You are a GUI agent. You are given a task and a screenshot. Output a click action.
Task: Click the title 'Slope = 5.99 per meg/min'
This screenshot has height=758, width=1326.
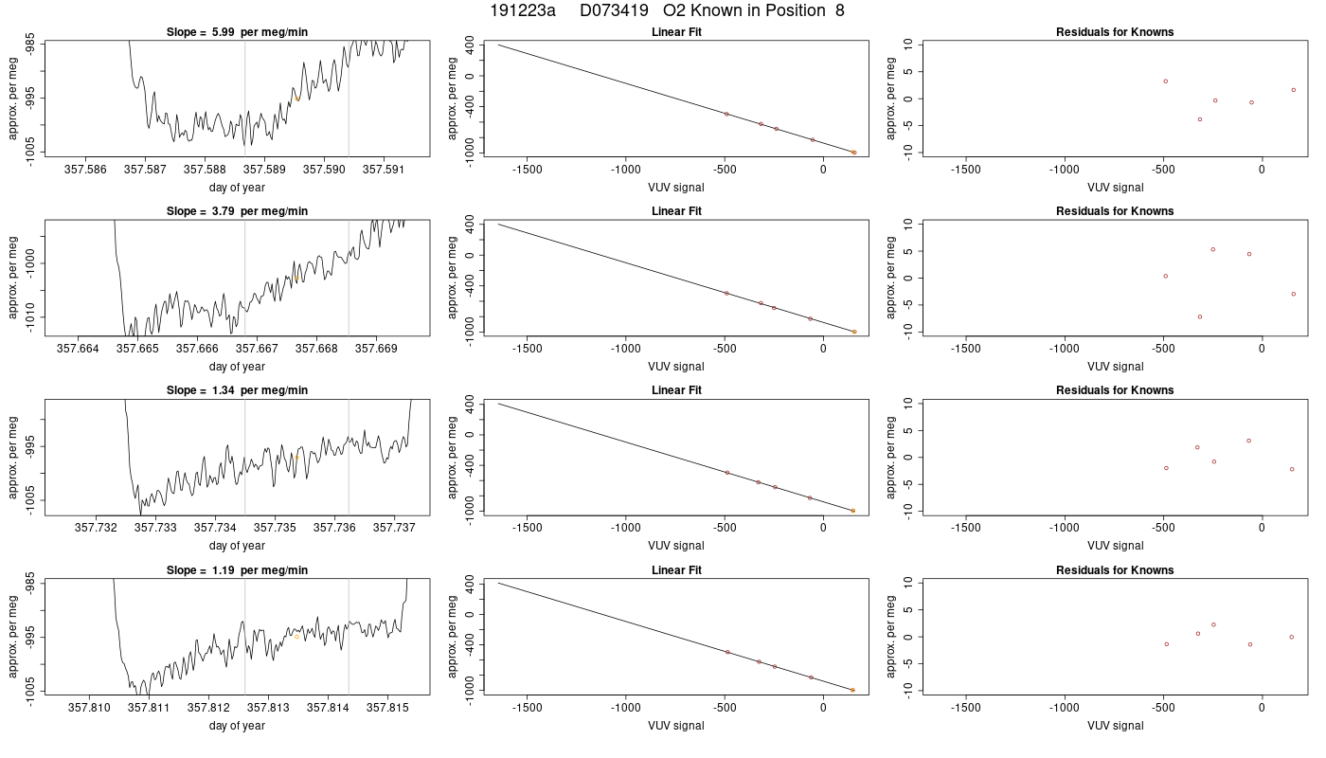(x=237, y=32)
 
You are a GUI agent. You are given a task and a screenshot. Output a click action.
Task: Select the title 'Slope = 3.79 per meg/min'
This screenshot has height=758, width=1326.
(x=237, y=211)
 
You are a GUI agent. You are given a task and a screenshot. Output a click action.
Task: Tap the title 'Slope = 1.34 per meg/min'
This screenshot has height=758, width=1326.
(x=237, y=390)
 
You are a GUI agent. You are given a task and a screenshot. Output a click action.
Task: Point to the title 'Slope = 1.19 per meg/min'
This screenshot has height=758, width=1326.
(x=237, y=570)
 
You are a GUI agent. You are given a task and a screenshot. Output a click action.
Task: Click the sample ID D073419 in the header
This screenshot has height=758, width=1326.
(x=614, y=10)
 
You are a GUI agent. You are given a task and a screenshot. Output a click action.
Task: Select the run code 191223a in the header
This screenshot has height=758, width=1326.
(x=523, y=10)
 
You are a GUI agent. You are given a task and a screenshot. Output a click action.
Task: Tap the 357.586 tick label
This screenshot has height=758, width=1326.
(x=86, y=170)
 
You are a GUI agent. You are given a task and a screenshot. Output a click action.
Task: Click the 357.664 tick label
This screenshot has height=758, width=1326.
(x=78, y=349)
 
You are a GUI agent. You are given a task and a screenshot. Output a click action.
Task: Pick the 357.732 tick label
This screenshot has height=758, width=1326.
(x=96, y=529)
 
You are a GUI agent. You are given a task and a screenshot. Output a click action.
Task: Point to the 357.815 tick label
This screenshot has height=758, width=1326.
(x=387, y=709)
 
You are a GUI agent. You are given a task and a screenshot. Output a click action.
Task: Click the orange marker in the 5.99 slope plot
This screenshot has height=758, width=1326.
(x=296, y=99)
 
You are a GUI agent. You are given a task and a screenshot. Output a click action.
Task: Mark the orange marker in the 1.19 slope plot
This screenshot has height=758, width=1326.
(x=296, y=637)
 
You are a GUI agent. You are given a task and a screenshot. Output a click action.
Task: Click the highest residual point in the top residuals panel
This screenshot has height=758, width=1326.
(x=1166, y=81)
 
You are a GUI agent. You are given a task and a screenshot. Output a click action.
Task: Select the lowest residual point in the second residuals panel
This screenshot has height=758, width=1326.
(x=1200, y=316)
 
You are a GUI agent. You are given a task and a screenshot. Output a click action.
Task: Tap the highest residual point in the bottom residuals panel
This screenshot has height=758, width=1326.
(x=1213, y=624)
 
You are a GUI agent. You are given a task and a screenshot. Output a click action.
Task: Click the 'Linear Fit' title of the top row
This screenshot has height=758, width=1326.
(x=676, y=32)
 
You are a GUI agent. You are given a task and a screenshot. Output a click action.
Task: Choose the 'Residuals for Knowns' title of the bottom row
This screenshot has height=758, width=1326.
(x=1115, y=570)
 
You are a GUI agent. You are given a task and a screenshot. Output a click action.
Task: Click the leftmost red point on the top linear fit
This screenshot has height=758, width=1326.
(x=727, y=114)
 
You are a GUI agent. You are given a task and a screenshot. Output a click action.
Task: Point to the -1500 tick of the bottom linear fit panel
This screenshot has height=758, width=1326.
(x=527, y=709)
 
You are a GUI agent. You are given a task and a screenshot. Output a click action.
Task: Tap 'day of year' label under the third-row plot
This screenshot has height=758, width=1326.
(x=237, y=546)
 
